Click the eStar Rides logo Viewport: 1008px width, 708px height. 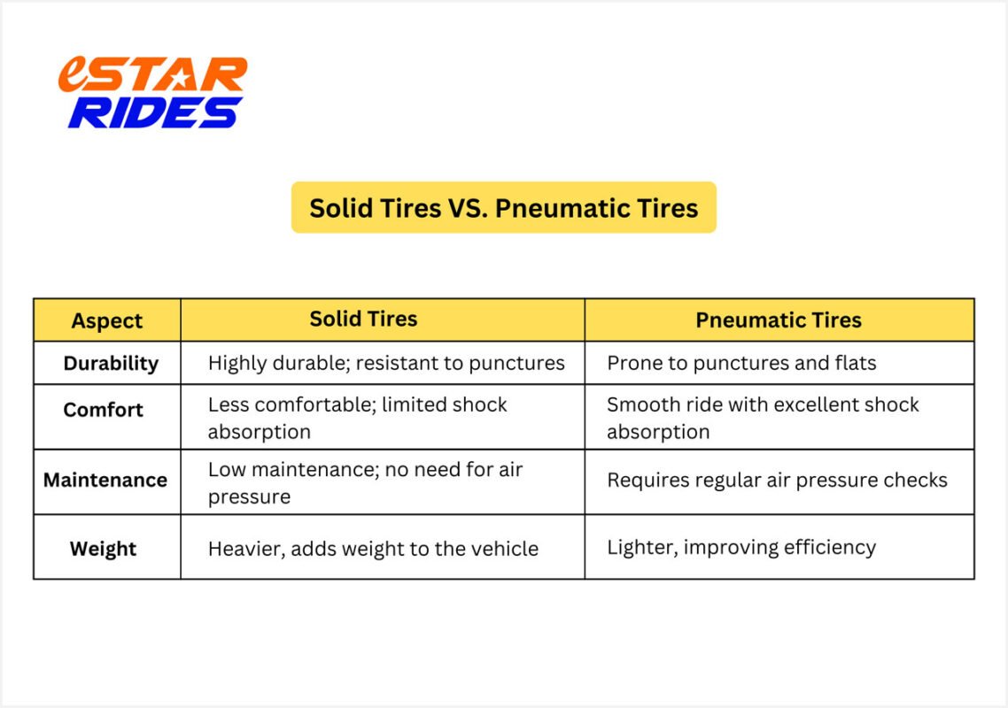pyautogui.click(x=153, y=93)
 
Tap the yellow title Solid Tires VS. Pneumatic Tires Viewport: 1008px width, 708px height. pyautogui.click(x=503, y=208)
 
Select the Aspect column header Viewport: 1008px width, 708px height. pyautogui.click(x=107, y=320)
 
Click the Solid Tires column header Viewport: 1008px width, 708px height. pyautogui.click(x=363, y=319)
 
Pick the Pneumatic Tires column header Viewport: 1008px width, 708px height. pyautogui.click(x=779, y=319)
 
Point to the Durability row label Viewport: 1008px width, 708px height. pyautogui.click(x=111, y=363)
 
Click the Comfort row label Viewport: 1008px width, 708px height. pyautogui.click(x=103, y=410)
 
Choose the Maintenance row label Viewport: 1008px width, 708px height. pyautogui.click(x=105, y=480)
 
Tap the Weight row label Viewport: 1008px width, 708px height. pyautogui.click(x=104, y=549)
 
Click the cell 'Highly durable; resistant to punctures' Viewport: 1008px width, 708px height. pyautogui.click(x=386, y=363)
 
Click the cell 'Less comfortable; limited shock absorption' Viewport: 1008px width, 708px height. pyautogui.click(x=358, y=418)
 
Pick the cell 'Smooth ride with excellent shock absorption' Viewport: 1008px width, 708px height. pyautogui.click(x=763, y=418)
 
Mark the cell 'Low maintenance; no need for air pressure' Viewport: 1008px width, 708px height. pyautogui.click(x=365, y=483)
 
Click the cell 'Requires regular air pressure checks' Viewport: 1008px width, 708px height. pyautogui.click(x=777, y=480)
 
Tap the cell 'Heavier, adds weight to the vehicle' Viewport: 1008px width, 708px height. pyautogui.click(x=373, y=549)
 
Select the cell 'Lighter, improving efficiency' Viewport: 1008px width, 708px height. pyautogui.click(x=741, y=547)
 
